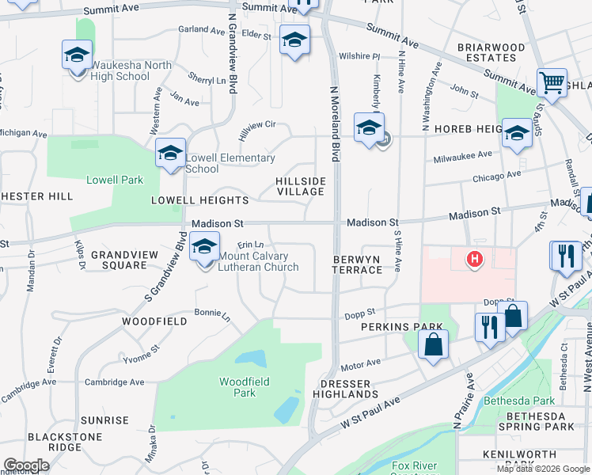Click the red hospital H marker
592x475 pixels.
475,259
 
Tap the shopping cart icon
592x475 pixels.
552,82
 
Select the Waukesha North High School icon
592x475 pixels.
77,55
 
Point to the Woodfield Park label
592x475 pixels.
245,386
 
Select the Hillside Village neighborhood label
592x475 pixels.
301,187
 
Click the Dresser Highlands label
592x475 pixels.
344,388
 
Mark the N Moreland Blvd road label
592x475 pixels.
335,115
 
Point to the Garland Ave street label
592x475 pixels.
199,28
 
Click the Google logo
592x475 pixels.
26,465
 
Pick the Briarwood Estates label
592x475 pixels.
491,52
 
